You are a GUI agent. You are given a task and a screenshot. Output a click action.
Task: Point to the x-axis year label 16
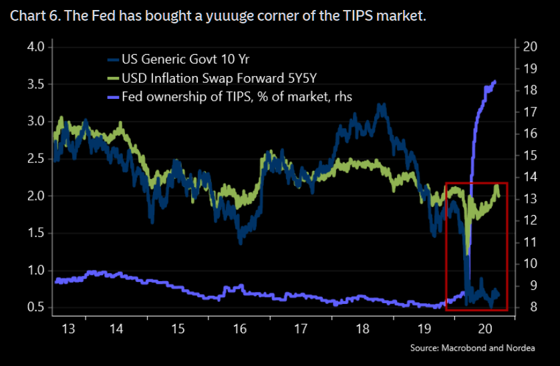[240, 329]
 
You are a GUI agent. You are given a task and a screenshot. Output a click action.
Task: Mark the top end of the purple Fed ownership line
[495, 81]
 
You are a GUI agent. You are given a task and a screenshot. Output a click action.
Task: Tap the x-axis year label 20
[486, 329]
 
